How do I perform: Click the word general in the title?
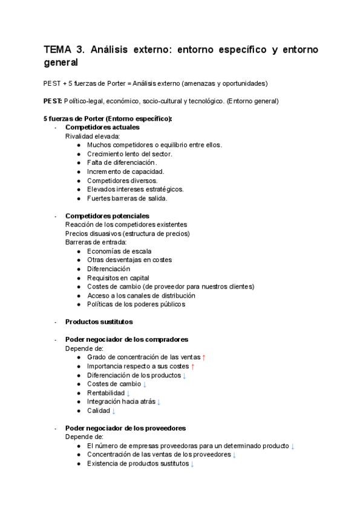pos(63,63)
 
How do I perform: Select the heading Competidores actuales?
pos(102,127)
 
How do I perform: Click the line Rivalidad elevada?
pos(93,136)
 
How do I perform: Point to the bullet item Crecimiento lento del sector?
pos(129,154)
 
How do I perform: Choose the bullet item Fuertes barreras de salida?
pos(127,198)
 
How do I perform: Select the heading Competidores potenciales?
pos(107,216)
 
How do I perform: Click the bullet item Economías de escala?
pos(119,251)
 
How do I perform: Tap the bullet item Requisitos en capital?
pos(118,278)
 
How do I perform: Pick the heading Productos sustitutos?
pos(99,322)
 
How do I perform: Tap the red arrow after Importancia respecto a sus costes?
pos(192,366)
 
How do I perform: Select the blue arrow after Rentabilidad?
pos(128,393)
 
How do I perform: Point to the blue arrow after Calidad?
pos(114,411)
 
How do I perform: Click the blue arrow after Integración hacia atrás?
pos(159,402)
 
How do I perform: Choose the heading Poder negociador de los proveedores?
pos(125,428)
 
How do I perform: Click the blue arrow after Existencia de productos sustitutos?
pos(192,464)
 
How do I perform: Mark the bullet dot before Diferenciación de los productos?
pos(79,375)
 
